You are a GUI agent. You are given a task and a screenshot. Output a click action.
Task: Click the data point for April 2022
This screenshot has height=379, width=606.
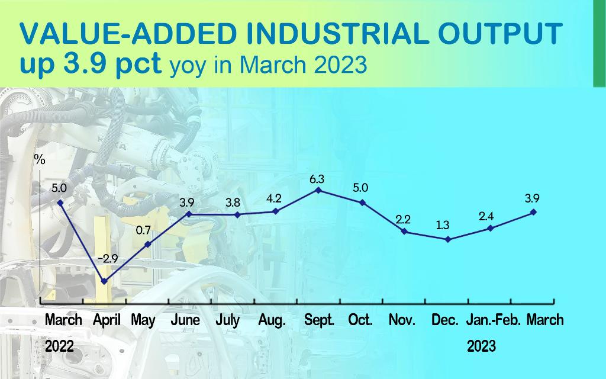[x=104, y=281]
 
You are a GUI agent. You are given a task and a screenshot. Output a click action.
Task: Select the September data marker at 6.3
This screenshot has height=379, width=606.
[x=318, y=190]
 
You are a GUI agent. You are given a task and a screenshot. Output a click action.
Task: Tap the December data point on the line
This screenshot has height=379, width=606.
[x=448, y=239]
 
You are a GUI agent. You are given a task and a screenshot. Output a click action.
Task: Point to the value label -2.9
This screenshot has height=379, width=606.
[x=108, y=258]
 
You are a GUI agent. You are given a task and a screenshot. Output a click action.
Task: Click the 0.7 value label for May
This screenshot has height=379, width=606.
[x=143, y=230]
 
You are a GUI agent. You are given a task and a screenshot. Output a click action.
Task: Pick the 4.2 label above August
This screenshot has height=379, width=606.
[x=273, y=199]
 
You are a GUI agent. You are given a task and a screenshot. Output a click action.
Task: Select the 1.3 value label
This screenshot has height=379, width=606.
[x=442, y=225]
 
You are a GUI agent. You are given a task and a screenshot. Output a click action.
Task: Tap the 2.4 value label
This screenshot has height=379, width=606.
[x=486, y=216]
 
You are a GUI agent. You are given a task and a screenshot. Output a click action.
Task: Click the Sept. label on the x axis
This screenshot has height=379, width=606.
[x=319, y=320]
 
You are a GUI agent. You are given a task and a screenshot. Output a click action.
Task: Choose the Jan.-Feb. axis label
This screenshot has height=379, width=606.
[x=494, y=320]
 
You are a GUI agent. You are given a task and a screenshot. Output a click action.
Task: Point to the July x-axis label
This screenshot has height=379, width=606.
[x=227, y=320]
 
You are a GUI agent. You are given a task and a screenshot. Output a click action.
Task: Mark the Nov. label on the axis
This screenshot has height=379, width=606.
[x=402, y=320]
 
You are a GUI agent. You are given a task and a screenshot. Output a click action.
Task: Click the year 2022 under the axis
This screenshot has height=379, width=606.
[x=59, y=346]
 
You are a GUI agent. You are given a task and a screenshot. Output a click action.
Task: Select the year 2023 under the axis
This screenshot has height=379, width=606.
[x=481, y=346]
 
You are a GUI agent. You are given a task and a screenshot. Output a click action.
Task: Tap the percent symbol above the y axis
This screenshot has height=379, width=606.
[x=40, y=159]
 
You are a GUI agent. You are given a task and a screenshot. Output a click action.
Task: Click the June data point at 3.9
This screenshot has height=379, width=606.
[x=189, y=214]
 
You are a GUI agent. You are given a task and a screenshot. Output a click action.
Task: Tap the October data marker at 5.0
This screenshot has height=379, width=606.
[x=363, y=203]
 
